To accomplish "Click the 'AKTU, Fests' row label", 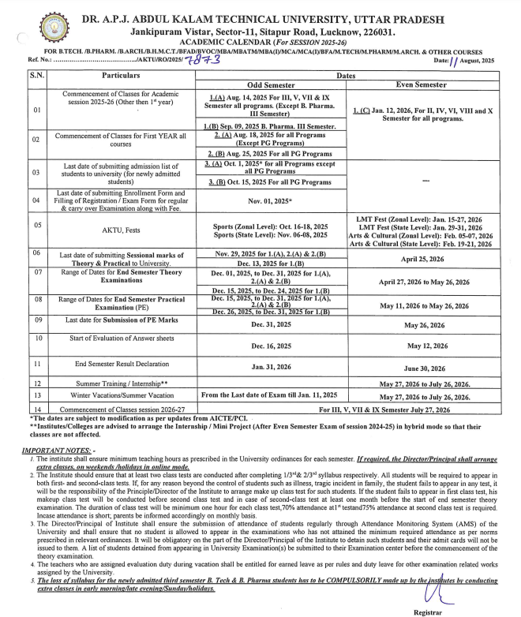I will click(121, 230).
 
